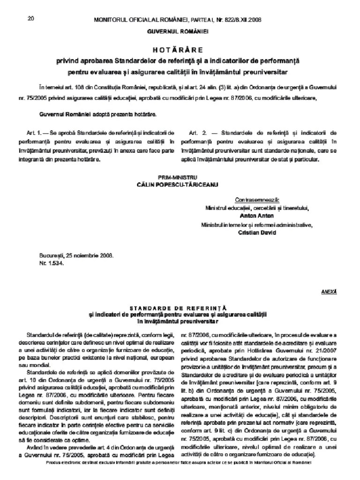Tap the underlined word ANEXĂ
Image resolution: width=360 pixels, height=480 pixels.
[x=329, y=291]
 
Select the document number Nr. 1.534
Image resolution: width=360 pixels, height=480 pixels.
[x=52, y=263]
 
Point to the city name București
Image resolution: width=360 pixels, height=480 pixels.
[x=51, y=256]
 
